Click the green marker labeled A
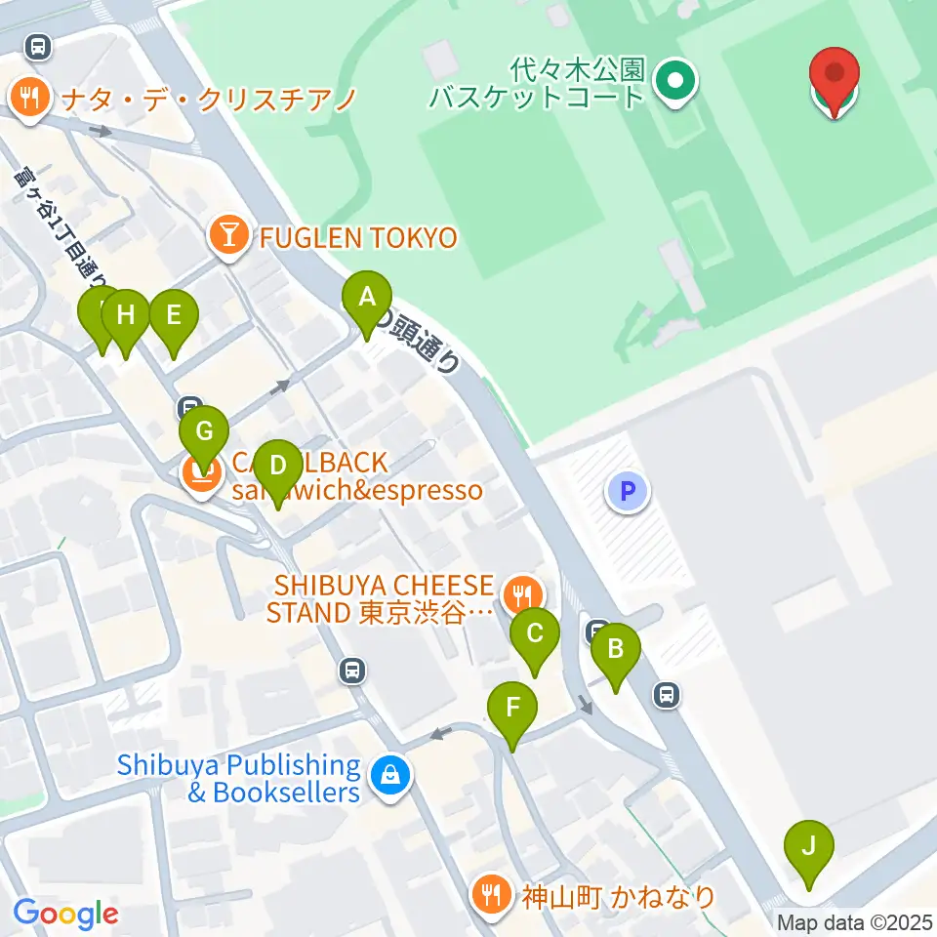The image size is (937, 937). pos(367,297)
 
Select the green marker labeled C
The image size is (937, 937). pos(535,633)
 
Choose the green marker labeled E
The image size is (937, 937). pos(174,315)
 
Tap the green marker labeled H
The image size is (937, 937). pos(125,315)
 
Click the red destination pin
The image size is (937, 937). pos(835,74)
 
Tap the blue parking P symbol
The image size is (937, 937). pos(628,491)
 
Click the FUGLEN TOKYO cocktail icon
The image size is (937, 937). pos(228,237)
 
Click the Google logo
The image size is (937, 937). pos(65,914)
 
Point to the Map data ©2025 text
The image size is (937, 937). pos(855,922)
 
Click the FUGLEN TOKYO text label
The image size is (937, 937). pos(356,237)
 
